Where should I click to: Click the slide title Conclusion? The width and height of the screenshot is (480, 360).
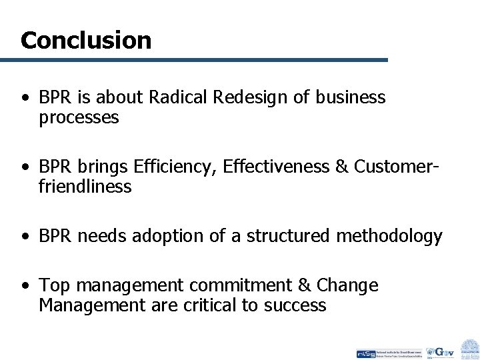(86, 41)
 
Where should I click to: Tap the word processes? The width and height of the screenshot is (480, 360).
(79, 118)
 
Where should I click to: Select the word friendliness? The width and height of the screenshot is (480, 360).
(85, 187)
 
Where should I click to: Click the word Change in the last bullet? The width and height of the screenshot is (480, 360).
(347, 285)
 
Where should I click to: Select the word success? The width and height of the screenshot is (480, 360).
(295, 305)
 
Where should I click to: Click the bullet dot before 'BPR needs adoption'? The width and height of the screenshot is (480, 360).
(25, 236)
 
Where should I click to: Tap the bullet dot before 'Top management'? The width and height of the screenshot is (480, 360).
(25, 286)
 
